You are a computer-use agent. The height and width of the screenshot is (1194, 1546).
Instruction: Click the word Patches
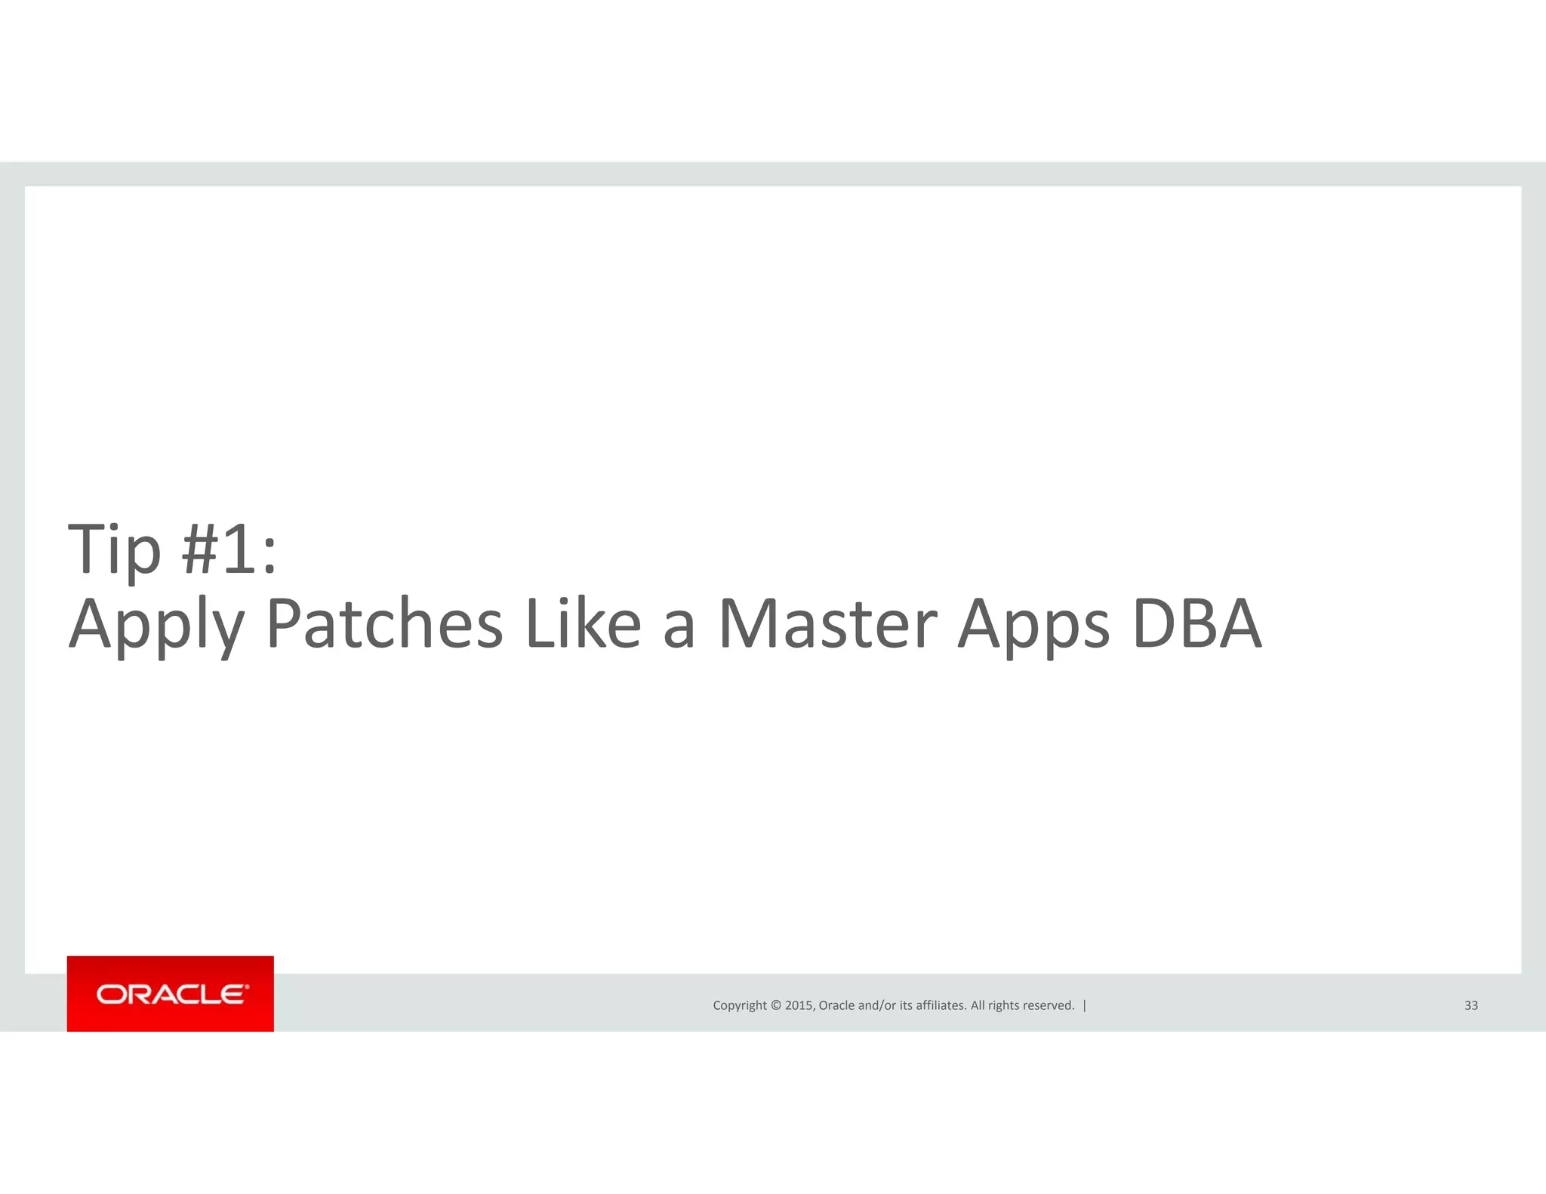click(384, 624)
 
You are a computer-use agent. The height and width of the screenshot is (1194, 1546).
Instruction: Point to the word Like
click(583, 624)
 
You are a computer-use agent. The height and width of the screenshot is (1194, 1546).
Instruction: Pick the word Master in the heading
click(827, 624)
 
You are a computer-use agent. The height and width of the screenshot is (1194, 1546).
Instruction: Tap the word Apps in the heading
click(1033, 626)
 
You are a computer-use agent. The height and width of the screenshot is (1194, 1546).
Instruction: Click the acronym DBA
click(1196, 624)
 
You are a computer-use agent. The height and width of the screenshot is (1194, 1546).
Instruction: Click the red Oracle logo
click(171, 994)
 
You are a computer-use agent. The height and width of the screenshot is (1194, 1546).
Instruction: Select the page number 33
click(1471, 1005)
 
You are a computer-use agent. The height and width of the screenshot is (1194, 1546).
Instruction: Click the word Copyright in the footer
click(740, 1005)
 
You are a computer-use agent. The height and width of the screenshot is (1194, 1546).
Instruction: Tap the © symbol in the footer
click(775, 1005)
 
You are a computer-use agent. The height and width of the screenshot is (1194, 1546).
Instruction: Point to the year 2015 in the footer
click(799, 1005)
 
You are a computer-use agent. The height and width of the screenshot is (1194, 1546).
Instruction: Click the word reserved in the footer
click(1049, 1005)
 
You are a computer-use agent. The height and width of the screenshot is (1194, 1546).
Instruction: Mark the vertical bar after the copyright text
click(1085, 1005)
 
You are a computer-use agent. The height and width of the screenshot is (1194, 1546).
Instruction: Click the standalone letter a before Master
click(678, 626)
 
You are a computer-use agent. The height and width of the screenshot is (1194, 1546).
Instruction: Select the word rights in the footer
click(1003, 1005)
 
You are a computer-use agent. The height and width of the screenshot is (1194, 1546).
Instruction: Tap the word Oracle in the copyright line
click(836, 1005)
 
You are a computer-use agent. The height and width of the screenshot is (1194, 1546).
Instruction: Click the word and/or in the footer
click(877, 1005)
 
